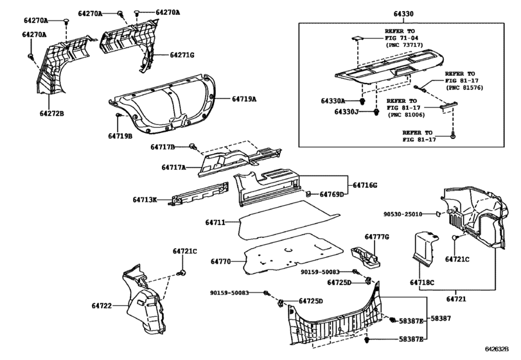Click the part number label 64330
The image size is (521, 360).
click(403, 14)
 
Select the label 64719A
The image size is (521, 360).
click(244, 99)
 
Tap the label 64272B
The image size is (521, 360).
click(52, 114)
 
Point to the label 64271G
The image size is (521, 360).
click(182, 55)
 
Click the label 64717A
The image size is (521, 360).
click(174, 167)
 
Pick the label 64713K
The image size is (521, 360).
click(145, 200)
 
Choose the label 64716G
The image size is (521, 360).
click(365, 185)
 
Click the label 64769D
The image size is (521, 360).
click(331, 194)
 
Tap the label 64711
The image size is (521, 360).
click(215, 222)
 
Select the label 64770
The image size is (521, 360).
click(220, 262)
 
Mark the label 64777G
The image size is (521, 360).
click(377, 237)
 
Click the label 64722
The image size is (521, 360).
click(102, 305)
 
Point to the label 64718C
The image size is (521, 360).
click(422, 283)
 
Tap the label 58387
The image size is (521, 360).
click(441, 318)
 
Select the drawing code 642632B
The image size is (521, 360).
click(497, 349)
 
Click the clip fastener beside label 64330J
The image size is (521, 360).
click(376, 112)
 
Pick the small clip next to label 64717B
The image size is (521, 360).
click(193, 147)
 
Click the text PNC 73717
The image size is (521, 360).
click(405, 45)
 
